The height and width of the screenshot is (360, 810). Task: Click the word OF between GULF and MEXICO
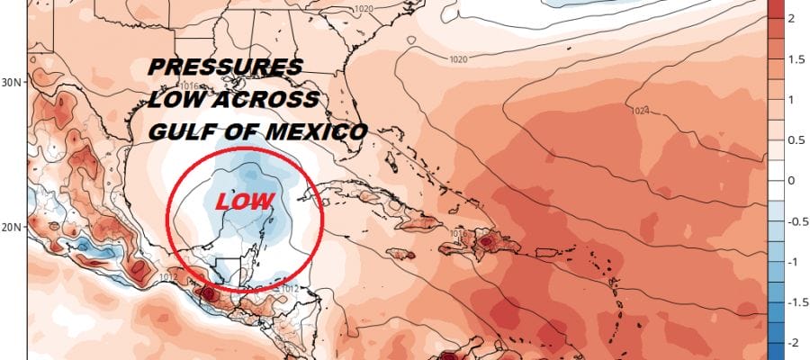(239, 131)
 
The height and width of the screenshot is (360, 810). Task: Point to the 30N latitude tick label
(12, 82)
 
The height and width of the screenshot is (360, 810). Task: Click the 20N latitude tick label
(12, 228)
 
